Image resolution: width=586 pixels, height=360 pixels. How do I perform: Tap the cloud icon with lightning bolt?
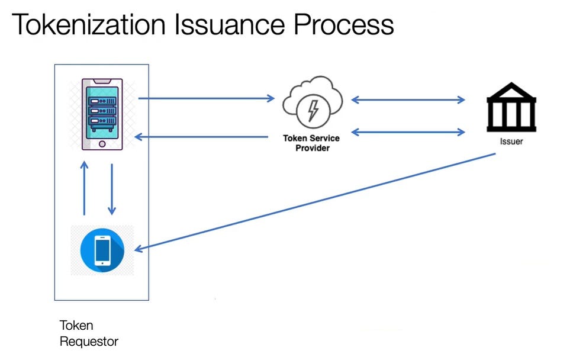click(x=312, y=104)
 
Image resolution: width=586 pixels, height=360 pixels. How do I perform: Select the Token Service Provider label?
click(x=312, y=143)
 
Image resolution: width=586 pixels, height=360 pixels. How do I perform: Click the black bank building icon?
click(x=511, y=107)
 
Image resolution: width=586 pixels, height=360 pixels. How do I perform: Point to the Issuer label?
click(x=511, y=142)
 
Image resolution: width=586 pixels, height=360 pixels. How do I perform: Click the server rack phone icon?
click(x=102, y=114)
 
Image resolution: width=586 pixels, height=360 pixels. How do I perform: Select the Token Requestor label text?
click(x=88, y=333)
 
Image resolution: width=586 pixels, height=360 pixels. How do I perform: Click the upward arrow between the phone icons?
click(x=85, y=189)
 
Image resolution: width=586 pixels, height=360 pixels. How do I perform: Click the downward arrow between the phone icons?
click(x=111, y=189)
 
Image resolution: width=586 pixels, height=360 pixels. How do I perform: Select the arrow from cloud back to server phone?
click(x=201, y=137)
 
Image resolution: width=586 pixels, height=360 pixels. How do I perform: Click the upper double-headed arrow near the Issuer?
click(x=408, y=99)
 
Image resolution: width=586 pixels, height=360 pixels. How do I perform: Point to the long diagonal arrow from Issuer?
click(x=314, y=202)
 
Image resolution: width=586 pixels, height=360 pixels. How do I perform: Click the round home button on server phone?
click(x=102, y=144)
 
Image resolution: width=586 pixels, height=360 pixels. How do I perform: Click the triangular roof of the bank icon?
click(x=511, y=91)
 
